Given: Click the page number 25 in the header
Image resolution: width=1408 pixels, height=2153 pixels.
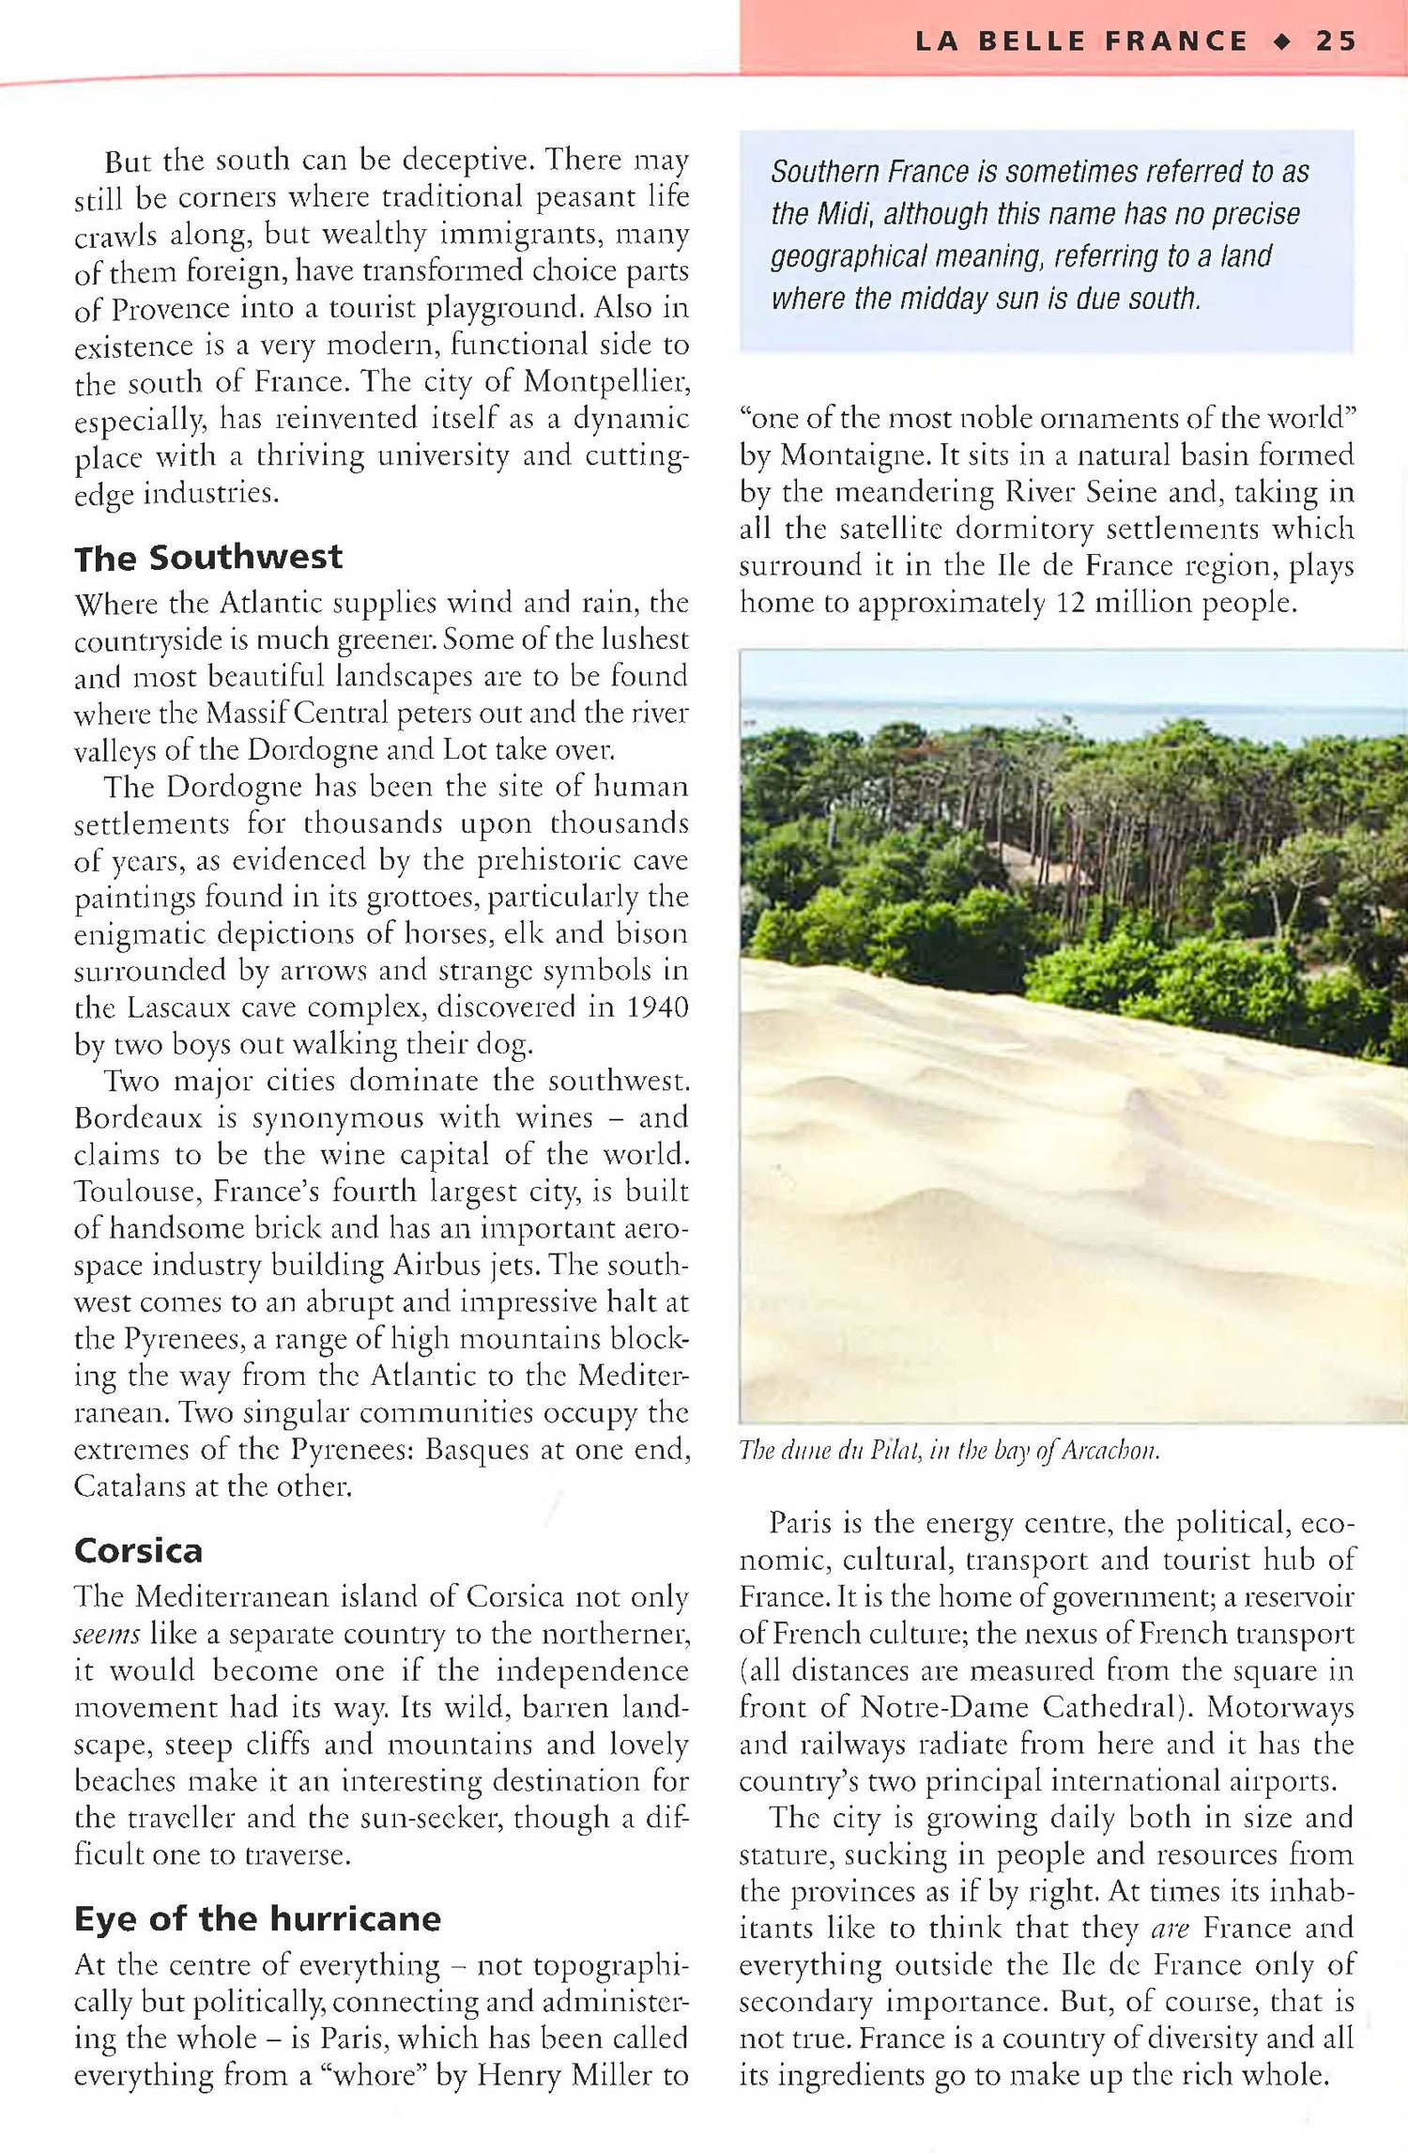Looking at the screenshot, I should (x=1336, y=41).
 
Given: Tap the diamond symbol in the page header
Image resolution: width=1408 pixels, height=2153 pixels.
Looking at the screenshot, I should (x=1282, y=41).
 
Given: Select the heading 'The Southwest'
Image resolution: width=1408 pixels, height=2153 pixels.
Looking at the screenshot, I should (x=208, y=558).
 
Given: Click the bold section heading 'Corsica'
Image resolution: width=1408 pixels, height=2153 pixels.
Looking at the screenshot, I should (x=138, y=1550).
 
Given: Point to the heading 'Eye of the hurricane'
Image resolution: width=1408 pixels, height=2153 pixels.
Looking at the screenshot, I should (x=257, y=1918).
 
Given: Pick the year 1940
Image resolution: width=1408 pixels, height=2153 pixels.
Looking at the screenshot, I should (x=657, y=1007).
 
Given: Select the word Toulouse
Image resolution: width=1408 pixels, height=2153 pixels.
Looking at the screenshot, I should (x=132, y=1192).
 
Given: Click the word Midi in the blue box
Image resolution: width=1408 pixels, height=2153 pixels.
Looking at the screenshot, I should (x=834, y=214).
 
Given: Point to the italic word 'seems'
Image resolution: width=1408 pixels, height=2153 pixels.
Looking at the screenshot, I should (x=107, y=1634).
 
